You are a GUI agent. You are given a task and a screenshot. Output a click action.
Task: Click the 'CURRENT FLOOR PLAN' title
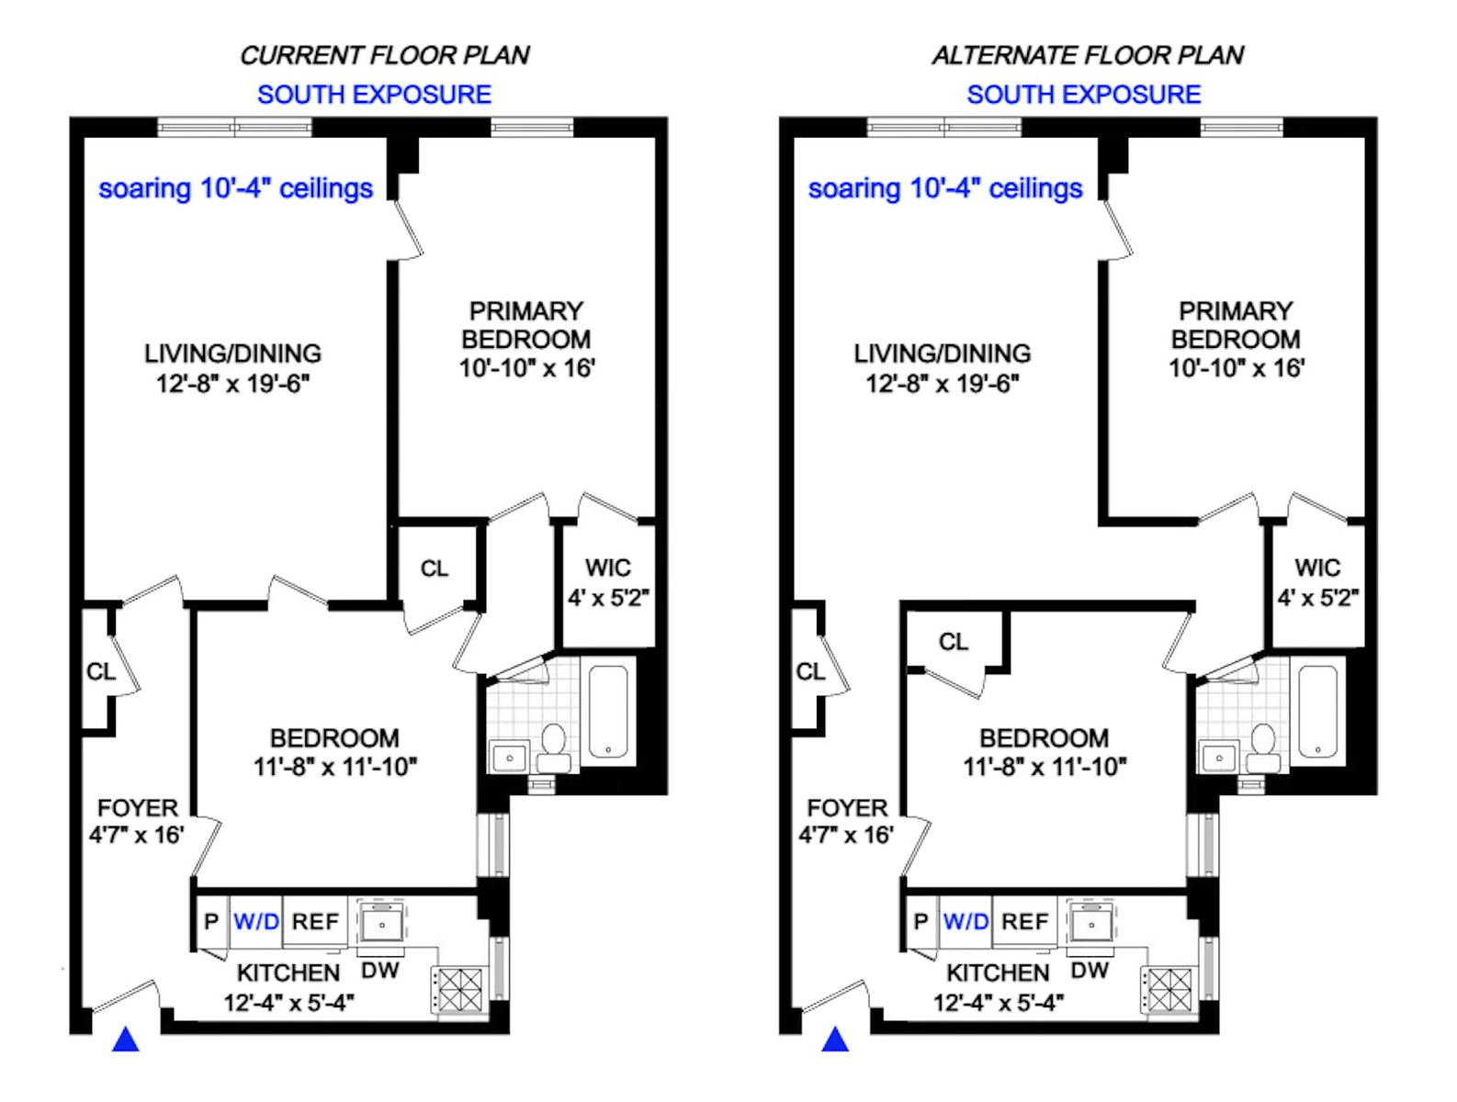[x=384, y=56]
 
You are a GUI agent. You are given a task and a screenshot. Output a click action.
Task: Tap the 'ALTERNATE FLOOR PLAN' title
[x=1088, y=56]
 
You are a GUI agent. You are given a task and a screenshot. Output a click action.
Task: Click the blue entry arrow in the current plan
[x=126, y=1039]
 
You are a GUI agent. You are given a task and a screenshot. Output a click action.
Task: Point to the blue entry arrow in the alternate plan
[x=835, y=1039]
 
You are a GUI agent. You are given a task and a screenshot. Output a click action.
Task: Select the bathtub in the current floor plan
[x=608, y=711]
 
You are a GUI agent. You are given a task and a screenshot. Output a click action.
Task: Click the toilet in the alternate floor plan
[x=1262, y=748]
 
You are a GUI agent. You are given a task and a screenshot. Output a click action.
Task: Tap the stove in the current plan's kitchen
[x=457, y=990]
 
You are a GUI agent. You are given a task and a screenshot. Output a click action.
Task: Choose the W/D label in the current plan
[x=256, y=921]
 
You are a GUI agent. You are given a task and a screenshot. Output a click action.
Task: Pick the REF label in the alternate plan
[x=1024, y=921]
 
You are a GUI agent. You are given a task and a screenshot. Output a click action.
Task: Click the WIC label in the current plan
[x=608, y=568]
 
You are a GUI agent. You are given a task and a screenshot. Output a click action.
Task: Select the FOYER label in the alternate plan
[x=847, y=808]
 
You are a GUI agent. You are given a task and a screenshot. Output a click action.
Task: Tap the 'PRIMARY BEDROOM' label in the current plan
[x=526, y=325]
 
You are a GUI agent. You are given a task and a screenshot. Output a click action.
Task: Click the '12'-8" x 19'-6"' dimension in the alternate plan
[x=943, y=384]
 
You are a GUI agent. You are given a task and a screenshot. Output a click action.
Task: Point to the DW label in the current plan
[x=379, y=970]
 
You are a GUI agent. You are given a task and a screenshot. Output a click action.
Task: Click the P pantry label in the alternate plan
[x=920, y=921]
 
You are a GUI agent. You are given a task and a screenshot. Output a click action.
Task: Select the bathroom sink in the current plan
[x=509, y=757]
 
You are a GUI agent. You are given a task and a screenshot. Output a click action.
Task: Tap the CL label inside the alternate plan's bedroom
[x=954, y=642]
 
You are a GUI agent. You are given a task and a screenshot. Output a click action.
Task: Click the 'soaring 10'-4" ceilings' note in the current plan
[x=236, y=189]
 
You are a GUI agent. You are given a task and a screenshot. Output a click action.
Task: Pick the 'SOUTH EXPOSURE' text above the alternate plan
[x=1083, y=95]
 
